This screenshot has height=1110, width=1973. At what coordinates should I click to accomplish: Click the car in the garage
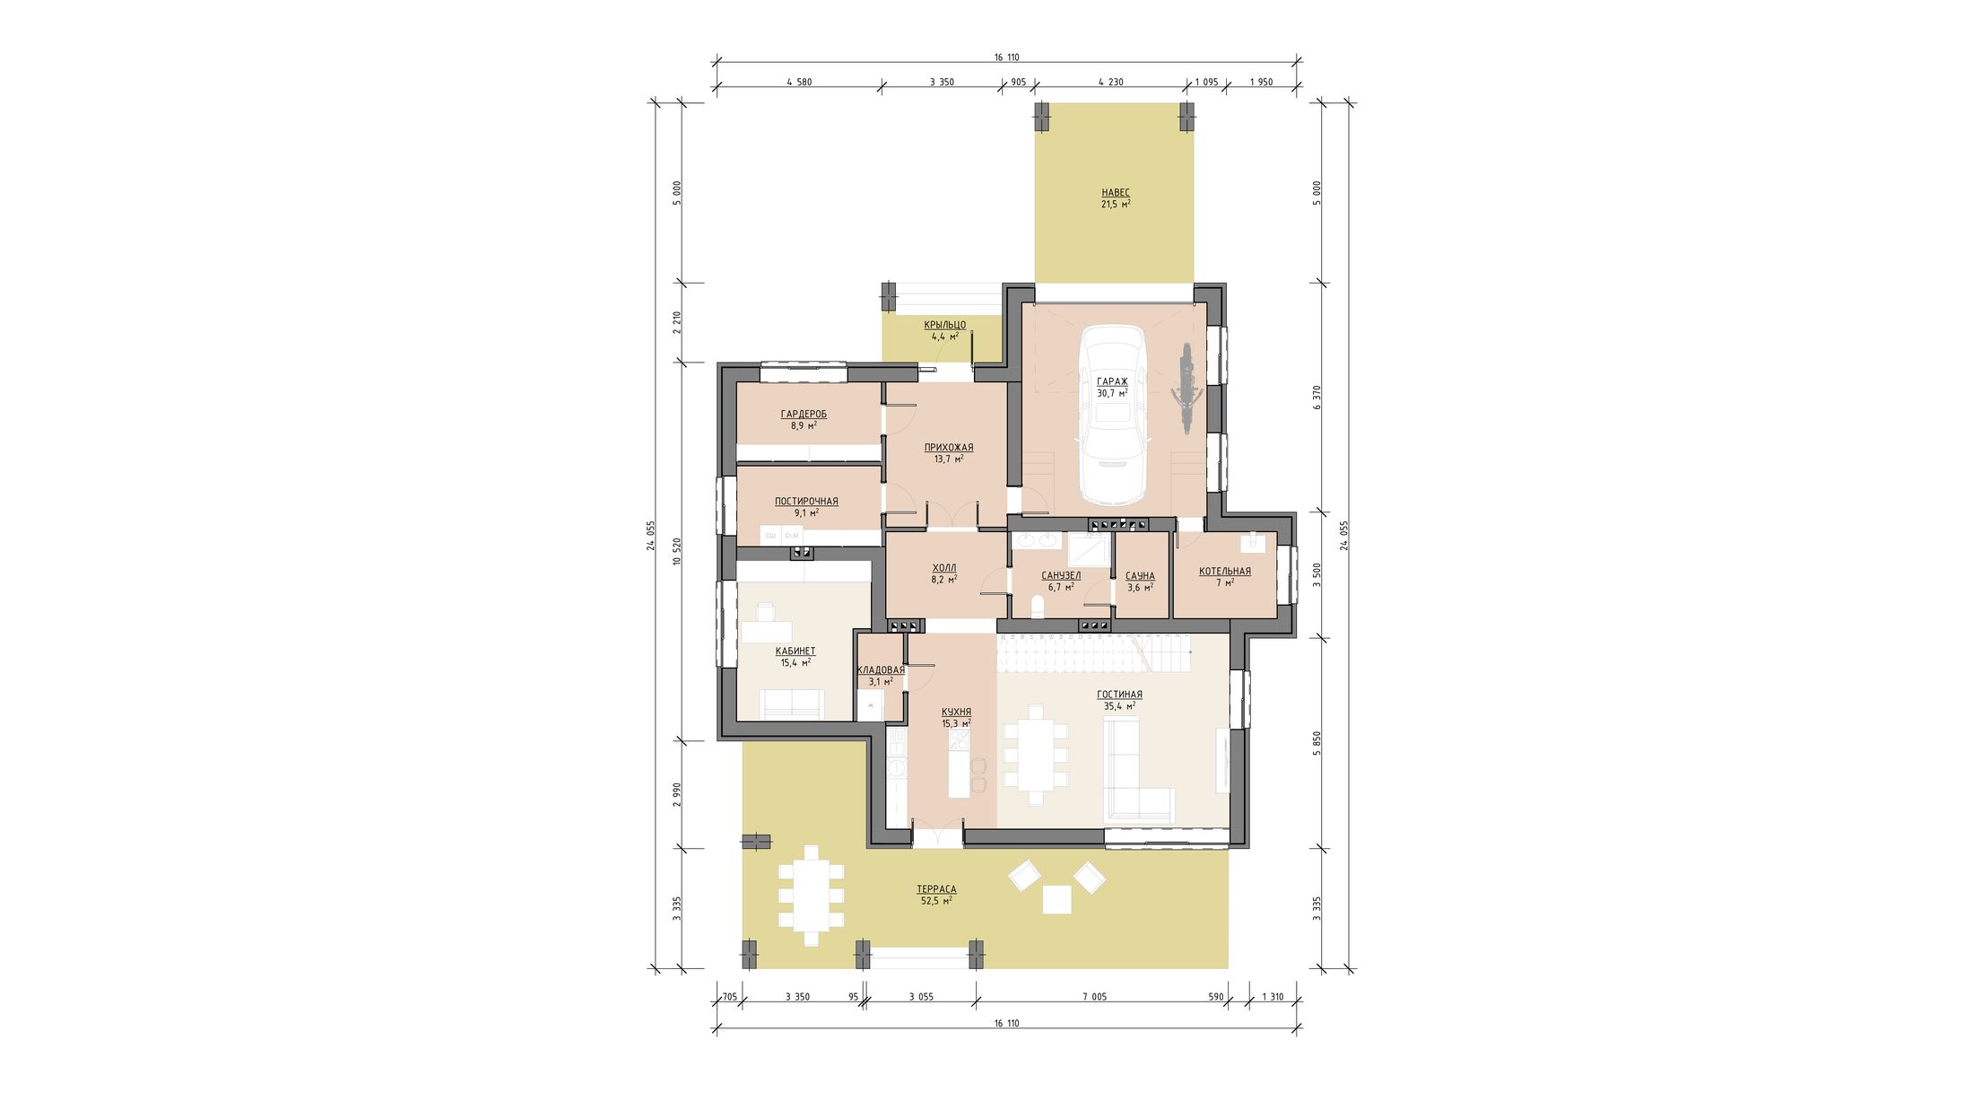(1112, 415)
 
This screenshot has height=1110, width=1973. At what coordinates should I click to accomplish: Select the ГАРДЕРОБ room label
(804, 414)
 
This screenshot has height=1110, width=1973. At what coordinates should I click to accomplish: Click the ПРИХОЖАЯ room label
(948, 447)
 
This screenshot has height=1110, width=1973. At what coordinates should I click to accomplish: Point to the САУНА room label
(1140, 576)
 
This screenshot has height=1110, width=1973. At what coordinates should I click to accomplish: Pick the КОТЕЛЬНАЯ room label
(1224, 571)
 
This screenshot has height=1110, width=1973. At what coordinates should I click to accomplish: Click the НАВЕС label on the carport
(1116, 192)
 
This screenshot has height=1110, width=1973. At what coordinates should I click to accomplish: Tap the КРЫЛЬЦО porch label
(944, 325)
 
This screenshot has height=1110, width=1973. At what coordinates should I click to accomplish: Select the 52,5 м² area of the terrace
(936, 900)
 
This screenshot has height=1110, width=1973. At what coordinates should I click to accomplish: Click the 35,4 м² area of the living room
(1119, 706)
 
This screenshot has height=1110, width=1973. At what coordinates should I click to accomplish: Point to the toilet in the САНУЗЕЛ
(1039, 607)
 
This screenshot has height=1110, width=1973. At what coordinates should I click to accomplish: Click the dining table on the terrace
(812, 896)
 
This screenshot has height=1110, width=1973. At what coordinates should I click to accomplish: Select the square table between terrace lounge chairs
(1057, 899)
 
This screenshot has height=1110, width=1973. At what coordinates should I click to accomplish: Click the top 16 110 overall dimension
(1006, 57)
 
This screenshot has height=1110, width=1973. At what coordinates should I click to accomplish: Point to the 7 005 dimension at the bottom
(1094, 997)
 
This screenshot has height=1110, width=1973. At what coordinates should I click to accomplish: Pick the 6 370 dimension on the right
(1317, 398)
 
